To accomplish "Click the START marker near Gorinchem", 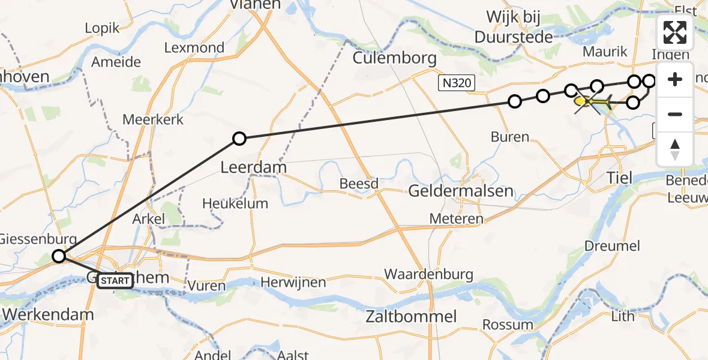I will (115, 280).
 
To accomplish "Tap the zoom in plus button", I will (675, 80).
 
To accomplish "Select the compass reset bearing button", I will (675, 149).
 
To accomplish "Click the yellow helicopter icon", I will (593, 103).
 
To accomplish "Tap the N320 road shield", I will (455, 83).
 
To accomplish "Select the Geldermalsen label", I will (461, 191).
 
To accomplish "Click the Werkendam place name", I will (48, 314).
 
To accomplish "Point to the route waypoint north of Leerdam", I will (239, 139).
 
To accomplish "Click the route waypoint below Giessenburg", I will (59, 257).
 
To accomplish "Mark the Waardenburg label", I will (428, 275).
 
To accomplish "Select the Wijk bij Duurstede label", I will (514, 27).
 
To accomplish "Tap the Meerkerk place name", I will (152, 119).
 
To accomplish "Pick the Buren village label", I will (510, 137).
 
